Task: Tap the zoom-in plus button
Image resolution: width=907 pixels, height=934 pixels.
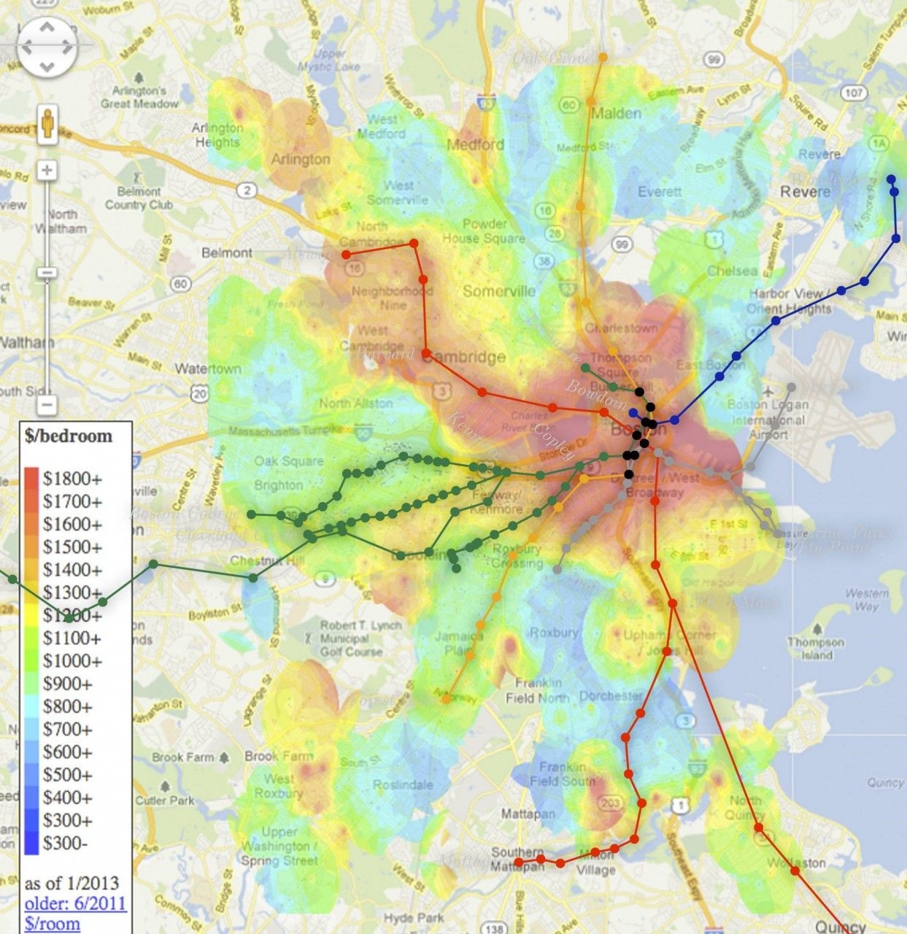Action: [47, 171]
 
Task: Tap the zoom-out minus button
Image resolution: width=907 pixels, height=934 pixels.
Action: [47, 404]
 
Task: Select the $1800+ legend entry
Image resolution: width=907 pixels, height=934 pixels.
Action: [72, 479]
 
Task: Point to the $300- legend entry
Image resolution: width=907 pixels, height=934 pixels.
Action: [65, 843]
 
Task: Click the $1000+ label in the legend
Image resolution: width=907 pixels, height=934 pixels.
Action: [72, 660]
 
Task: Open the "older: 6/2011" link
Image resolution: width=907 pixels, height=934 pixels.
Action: [75, 903]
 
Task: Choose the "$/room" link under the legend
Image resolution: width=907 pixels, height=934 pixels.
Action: [52, 923]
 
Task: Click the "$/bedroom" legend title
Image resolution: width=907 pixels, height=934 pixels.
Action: [69, 436]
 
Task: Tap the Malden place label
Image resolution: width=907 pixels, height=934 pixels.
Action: [616, 113]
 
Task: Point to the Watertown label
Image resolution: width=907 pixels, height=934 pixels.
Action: [208, 368]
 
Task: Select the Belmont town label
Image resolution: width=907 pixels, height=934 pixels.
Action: [226, 252]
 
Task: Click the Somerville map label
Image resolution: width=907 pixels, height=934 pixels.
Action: [498, 291]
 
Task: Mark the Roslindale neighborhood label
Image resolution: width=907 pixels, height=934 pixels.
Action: [403, 785]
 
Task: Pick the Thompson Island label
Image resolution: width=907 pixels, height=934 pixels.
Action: [816, 649]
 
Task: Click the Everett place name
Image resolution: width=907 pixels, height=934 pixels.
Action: [660, 192]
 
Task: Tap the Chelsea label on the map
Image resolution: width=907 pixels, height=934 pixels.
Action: [732, 271]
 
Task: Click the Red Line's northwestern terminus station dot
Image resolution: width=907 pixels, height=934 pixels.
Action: [346, 255]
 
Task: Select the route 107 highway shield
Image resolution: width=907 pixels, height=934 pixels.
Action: [853, 93]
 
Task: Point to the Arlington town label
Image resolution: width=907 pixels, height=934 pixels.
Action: [301, 159]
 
